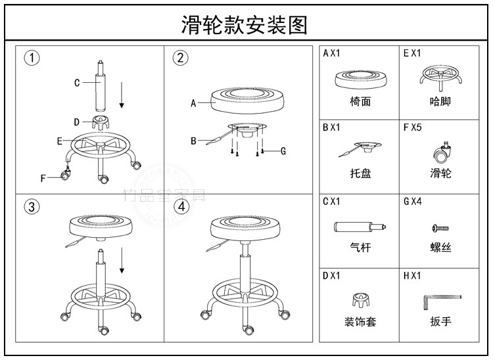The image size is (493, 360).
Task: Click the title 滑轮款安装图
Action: click(244, 25)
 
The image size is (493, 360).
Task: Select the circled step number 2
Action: click(180, 58)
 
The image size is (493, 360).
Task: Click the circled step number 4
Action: click(181, 206)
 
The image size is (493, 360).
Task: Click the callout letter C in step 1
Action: click(76, 83)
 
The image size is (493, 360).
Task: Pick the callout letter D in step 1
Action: click(76, 122)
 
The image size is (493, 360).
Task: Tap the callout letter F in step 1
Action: click(43, 177)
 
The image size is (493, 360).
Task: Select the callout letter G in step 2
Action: click(283, 151)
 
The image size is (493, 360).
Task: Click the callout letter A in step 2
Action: click(194, 103)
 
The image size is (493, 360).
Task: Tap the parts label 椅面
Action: click(360, 102)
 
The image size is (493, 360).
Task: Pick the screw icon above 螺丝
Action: click(440, 227)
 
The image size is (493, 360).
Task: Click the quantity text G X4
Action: click(412, 201)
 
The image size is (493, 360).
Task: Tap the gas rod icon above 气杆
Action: click(358, 227)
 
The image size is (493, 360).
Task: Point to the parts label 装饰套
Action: click(360, 322)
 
